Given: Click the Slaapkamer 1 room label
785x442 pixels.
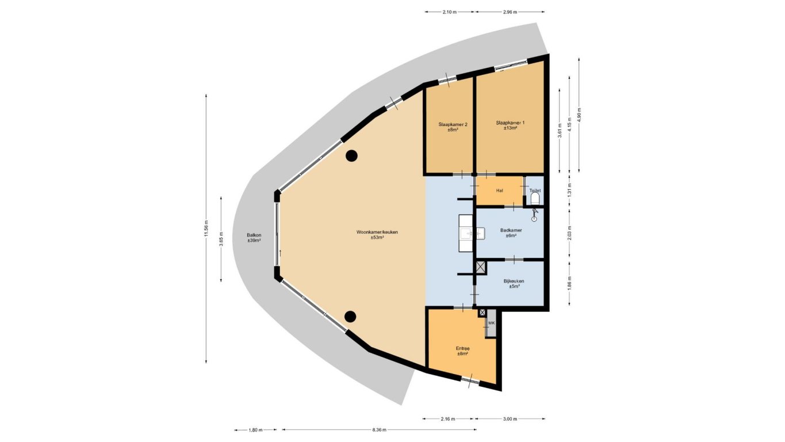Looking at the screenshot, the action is click(x=510, y=125).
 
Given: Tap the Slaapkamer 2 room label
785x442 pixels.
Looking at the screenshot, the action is click(x=453, y=127).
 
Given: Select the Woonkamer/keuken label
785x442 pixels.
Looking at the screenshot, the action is click(x=377, y=235).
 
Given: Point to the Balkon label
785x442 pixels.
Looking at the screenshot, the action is click(x=254, y=238).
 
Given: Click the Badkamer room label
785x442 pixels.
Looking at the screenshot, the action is click(x=511, y=233).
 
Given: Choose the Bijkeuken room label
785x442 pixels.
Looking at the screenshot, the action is click(x=514, y=283).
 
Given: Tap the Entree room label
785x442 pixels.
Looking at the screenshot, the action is click(x=462, y=351).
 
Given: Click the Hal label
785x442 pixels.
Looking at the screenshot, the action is click(x=500, y=191).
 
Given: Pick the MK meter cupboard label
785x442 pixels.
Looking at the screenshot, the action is click(x=491, y=323).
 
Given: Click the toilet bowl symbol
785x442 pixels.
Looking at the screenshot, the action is click(x=535, y=199).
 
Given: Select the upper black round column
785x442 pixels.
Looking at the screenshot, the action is click(x=351, y=155).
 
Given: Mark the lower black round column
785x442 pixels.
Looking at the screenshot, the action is click(x=350, y=317).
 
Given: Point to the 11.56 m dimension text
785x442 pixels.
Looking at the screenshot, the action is click(x=207, y=228).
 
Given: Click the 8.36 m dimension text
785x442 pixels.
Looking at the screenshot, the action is click(x=379, y=429).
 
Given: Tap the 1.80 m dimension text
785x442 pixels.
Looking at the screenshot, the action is click(x=255, y=430).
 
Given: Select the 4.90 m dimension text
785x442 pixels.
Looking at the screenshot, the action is click(x=579, y=115).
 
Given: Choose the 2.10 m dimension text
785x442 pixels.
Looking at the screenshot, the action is click(x=449, y=12).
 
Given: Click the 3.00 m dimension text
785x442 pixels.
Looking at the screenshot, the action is click(x=510, y=419).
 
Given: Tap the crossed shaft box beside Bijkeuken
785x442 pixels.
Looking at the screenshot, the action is click(x=481, y=267).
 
